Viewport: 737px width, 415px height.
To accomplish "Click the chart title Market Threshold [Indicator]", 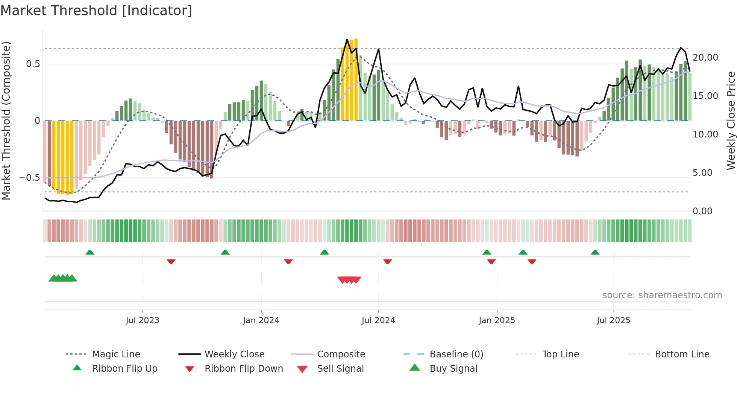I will pyautogui.click(x=96, y=11).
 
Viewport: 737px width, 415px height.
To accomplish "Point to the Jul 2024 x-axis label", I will pyautogui.click(x=378, y=320).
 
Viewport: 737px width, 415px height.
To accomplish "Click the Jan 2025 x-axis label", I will pyautogui.click(x=497, y=320).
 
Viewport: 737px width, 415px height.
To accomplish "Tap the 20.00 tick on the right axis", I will pyautogui.click(x=705, y=58).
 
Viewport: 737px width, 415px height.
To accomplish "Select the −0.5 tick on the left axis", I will pyautogui.click(x=30, y=178).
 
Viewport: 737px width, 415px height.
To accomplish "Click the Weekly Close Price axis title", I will pyautogui.click(x=731, y=121).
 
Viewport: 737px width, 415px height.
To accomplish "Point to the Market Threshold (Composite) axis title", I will pyautogui.click(x=6, y=121).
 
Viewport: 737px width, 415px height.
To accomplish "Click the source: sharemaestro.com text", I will pyautogui.click(x=662, y=295).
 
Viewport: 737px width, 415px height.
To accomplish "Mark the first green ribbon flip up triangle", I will pyautogui.click(x=90, y=252).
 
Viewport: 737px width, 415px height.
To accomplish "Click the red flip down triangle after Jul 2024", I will pyautogui.click(x=388, y=261).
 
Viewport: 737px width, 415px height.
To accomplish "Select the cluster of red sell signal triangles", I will pyautogui.click(x=349, y=280).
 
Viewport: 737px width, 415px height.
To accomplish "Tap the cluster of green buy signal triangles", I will pyautogui.click(x=63, y=278).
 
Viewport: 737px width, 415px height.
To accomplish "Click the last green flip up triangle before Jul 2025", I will pyautogui.click(x=595, y=252).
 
